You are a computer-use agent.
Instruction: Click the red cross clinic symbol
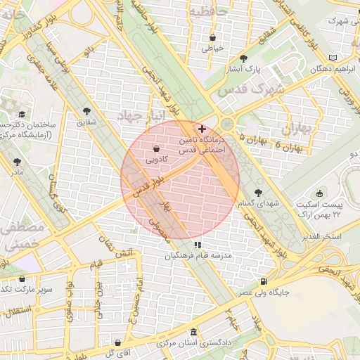pyautogui.click(x=202, y=129)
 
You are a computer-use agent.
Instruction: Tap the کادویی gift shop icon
pyautogui.click(x=156, y=148)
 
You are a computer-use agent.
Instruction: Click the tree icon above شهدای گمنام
pyautogui.click(x=259, y=191)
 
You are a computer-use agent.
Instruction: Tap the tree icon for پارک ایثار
pyautogui.click(x=244, y=58)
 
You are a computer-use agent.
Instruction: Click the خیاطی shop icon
pyautogui.click(x=212, y=37)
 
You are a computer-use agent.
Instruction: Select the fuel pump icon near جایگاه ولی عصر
pyautogui.click(x=263, y=280)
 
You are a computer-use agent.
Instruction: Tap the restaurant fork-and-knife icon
pyautogui.click(x=187, y=245)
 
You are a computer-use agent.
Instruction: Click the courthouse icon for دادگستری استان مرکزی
pyautogui.click(x=195, y=332)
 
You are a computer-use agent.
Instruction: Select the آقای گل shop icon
pyautogui.click(x=117, y=343)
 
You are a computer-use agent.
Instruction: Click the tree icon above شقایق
pyautogui.click(x=87, y=111)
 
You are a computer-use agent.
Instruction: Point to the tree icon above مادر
pyautogui.click(x=17, y=162)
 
